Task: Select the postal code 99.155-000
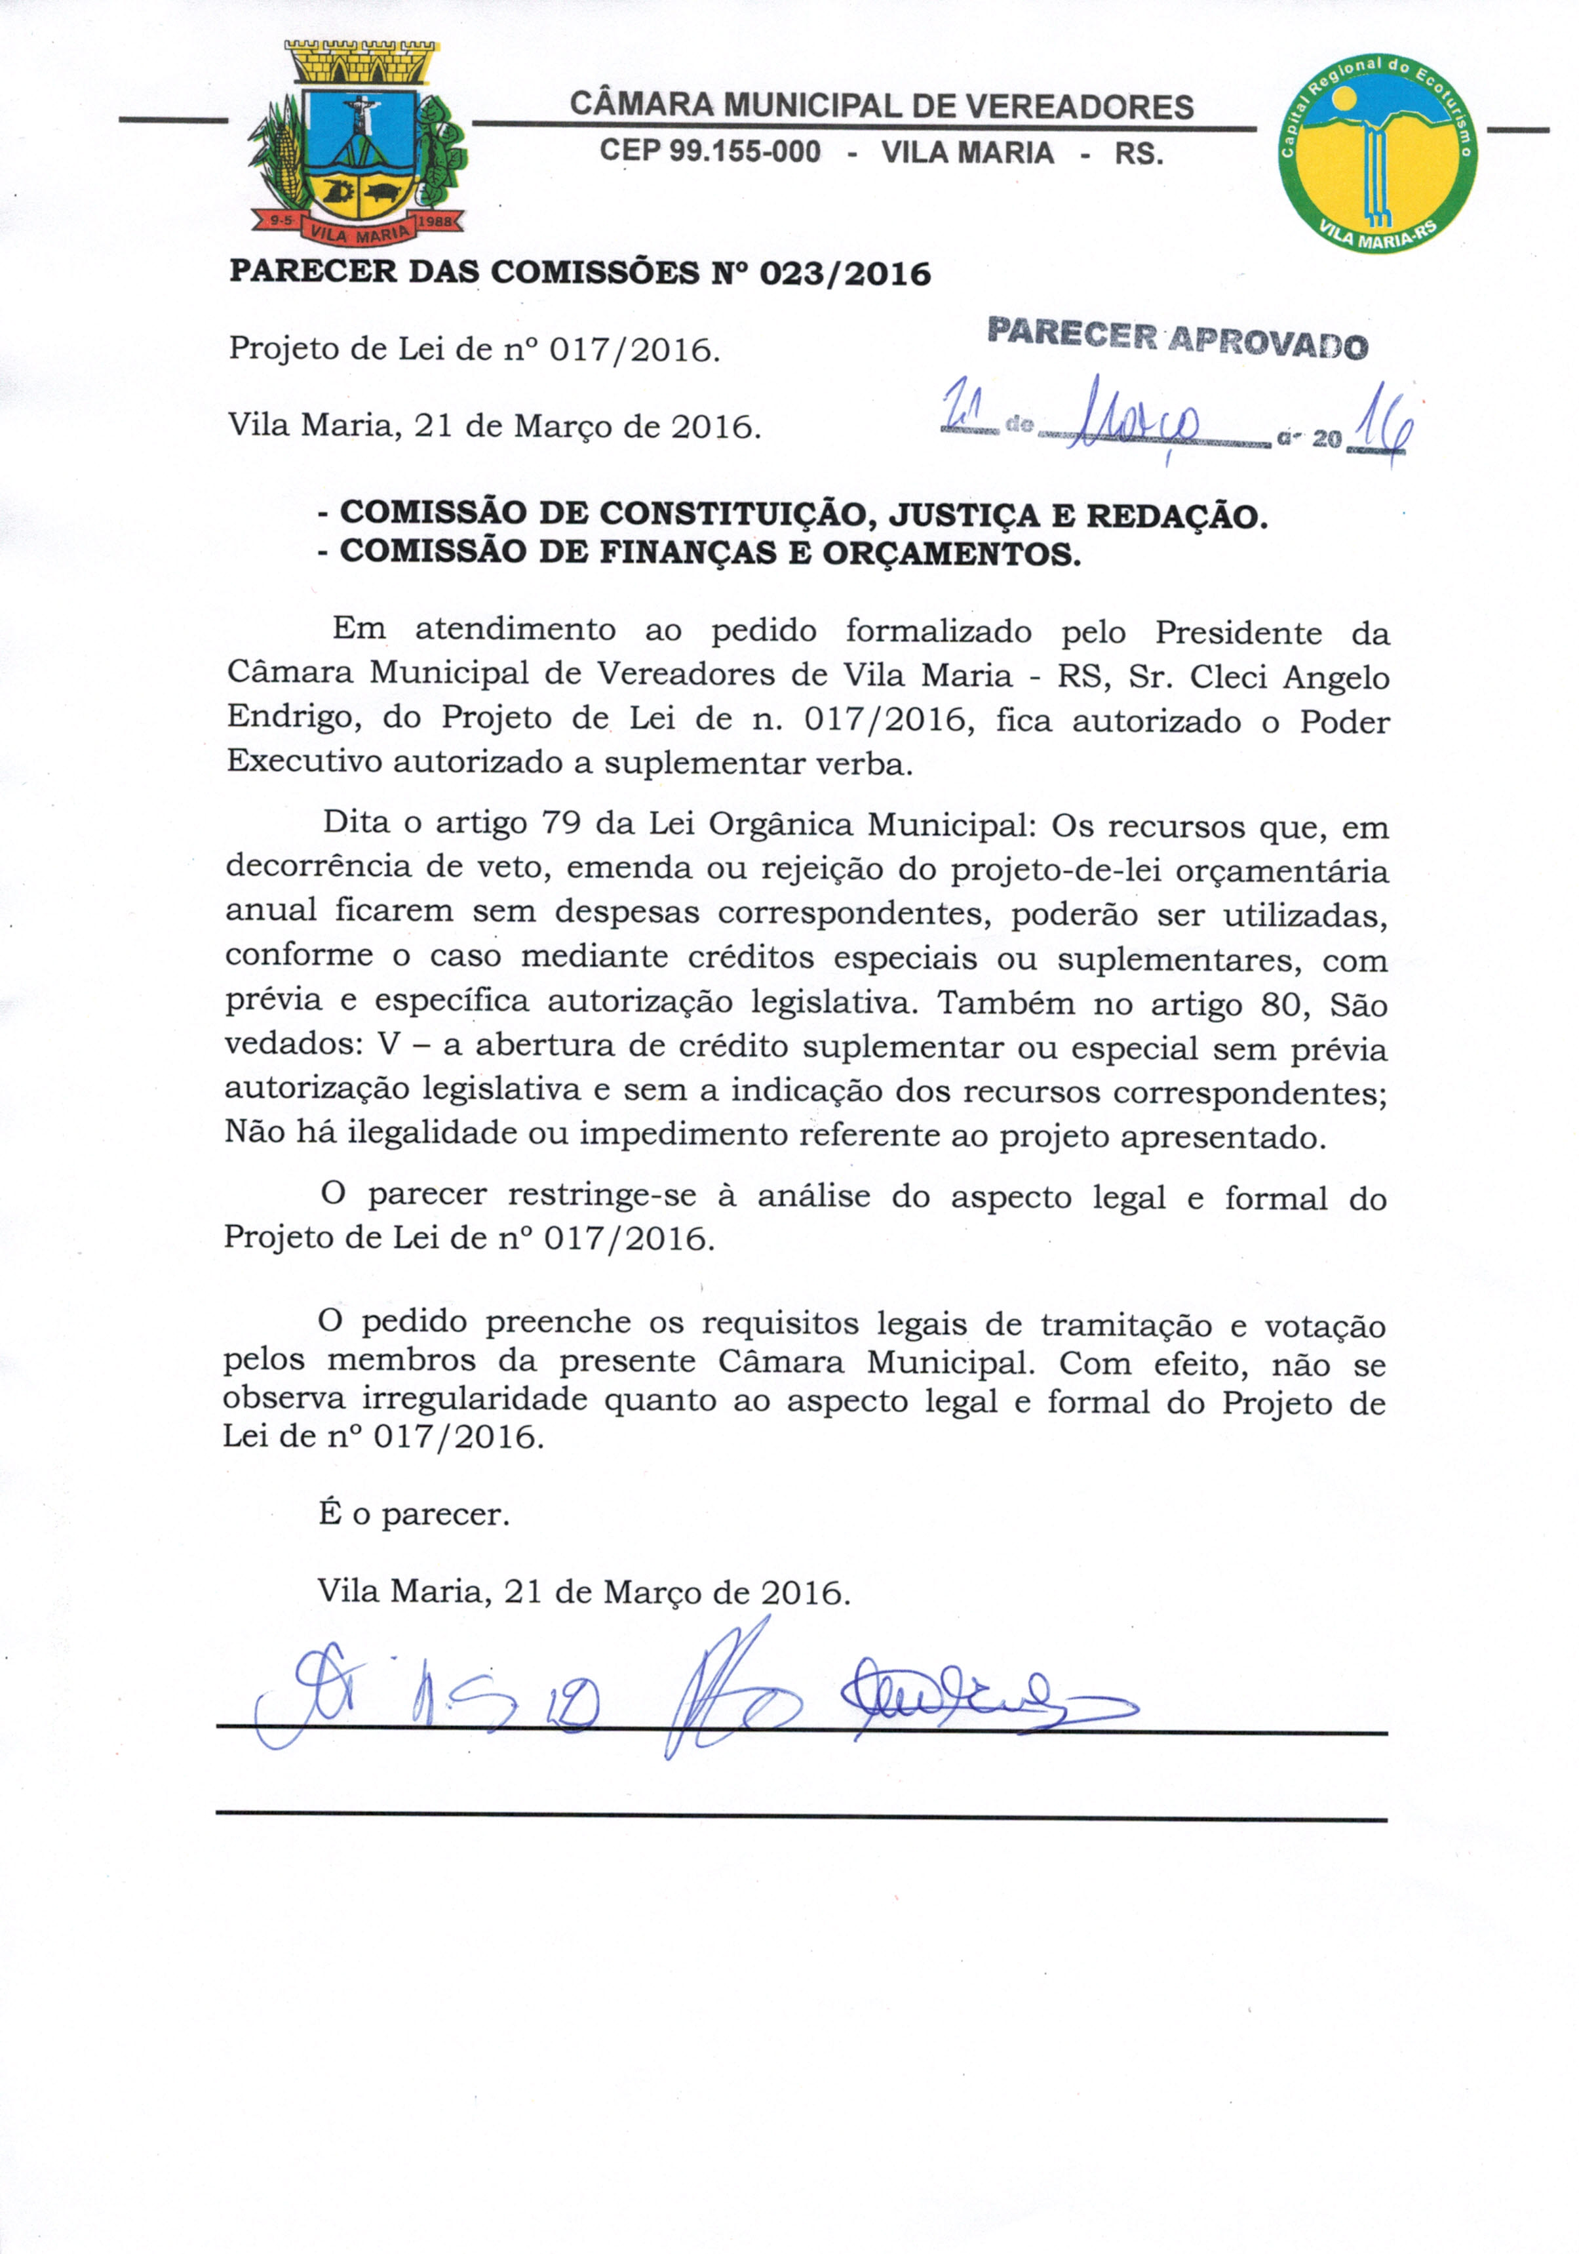[x=711, y=152]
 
